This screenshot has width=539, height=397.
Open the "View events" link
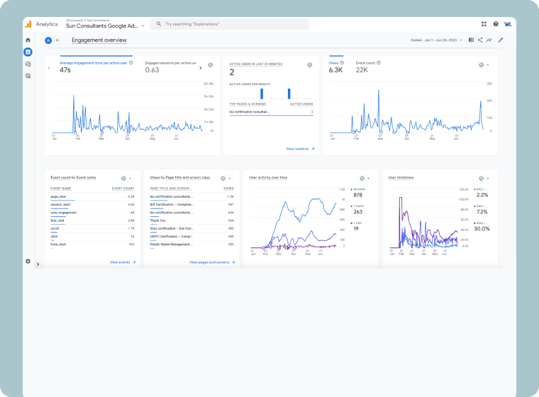[122, 262]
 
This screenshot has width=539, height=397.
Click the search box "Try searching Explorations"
[230, 24]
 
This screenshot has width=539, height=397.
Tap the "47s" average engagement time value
[65, 70]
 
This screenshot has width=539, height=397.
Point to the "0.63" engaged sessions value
[152, 70]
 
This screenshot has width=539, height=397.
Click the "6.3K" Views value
[335, 70]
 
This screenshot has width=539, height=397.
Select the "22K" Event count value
[362, 70]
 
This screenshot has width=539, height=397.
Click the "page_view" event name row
[58, 196]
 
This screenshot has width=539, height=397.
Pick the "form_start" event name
[58, 244]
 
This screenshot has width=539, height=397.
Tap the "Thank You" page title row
[158, 220]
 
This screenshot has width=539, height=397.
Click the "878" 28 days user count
[357, 195]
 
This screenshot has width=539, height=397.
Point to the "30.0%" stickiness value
[482, 229]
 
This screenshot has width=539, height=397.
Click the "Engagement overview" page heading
[99, 40]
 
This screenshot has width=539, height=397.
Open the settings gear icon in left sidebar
[28, 261]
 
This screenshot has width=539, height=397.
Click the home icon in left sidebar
[28, 40]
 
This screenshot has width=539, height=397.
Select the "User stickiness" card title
[401, 177]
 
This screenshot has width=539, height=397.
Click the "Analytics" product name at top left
[47, 24]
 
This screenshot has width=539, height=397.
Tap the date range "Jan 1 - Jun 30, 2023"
[444, 40]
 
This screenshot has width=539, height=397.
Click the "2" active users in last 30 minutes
[232, 72]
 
